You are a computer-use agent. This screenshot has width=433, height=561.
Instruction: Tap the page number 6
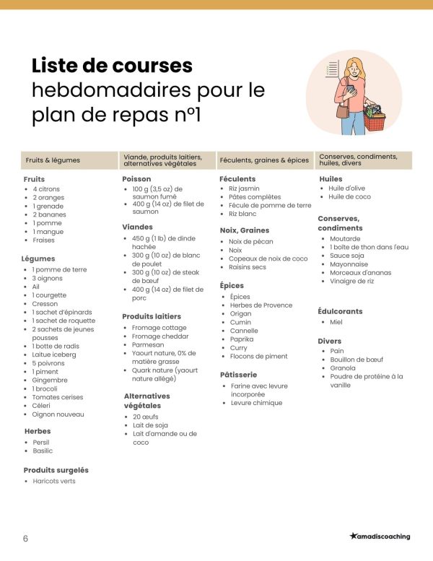(x=25, y=539)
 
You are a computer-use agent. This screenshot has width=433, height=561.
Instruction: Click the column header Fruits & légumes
(x=53, y=160)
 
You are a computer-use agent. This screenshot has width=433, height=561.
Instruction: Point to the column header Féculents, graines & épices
(x=263, y=160)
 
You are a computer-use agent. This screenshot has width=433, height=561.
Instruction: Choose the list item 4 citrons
(x=46, y=189)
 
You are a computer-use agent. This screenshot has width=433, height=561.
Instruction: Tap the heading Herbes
(x=38, y=431)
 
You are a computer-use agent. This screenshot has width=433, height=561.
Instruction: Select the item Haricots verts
(x=54, y=481)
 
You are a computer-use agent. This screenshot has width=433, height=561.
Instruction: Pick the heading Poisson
(x=137, y=178)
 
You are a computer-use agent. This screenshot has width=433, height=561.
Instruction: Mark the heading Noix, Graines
(x=244, y=230)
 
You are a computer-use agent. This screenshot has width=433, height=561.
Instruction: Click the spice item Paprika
(x=242, y=339)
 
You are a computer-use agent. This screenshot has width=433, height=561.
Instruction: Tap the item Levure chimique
(x=256, y=403)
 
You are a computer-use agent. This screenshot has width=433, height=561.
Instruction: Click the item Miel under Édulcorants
(x=336, y=322)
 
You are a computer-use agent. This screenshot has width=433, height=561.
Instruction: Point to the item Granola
(x=343, y=368)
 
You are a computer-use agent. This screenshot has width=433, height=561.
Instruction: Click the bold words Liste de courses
(x=112, y=66)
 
